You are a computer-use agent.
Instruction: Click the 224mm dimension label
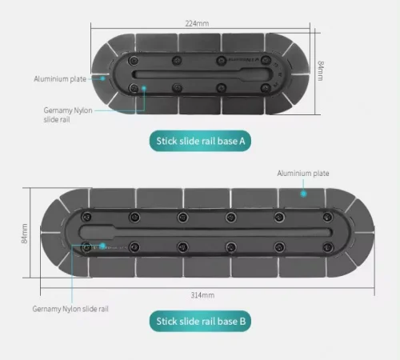197,23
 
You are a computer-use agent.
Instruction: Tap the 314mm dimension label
202,295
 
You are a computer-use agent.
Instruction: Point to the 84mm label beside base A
321,70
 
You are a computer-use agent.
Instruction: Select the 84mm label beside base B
24,234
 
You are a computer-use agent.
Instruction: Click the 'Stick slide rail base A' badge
200,141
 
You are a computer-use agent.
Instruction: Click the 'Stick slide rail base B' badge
200,321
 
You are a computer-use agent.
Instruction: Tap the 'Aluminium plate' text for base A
60,79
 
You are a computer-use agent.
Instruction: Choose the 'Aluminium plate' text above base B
303,174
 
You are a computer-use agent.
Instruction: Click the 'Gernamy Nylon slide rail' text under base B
70,309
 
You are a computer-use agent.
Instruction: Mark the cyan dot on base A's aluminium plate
102,78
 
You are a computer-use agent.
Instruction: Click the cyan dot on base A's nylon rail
144,87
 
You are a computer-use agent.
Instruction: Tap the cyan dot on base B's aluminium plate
303,194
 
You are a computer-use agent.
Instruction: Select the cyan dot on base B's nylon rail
102,246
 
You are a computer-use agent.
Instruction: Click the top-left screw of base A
134,61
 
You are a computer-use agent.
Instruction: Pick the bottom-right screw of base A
266,88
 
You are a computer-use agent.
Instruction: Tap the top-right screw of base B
327,217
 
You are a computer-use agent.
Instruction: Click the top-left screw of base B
86,217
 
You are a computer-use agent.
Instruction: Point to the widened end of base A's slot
257,73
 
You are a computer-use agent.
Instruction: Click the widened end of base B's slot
97,232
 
